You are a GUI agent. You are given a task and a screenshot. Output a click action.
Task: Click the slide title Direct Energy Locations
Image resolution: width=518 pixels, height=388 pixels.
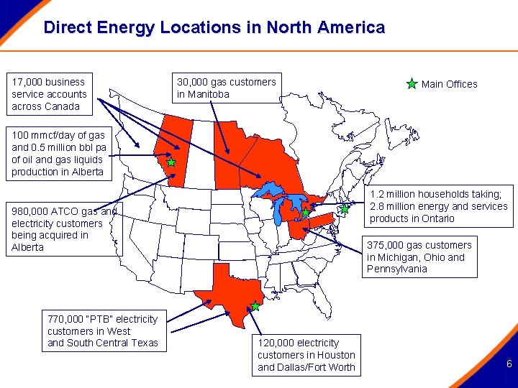pos(214,28)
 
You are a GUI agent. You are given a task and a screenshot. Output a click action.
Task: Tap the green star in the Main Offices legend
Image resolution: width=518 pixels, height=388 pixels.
pos(412,84)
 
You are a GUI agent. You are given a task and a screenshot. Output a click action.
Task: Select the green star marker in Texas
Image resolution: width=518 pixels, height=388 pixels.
pos(255,306)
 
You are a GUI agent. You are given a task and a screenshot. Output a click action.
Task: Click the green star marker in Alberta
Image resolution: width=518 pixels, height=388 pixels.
pos(171,162)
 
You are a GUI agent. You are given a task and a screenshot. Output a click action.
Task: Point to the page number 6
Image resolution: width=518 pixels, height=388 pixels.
pos(509,364)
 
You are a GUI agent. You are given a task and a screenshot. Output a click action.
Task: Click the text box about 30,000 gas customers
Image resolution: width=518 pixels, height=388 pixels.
pos(227,88)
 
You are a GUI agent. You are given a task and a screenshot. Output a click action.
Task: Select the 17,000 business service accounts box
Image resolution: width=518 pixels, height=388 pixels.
pos(50,94)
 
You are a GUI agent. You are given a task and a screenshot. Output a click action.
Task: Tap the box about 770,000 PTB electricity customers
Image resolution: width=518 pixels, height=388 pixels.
pos(102,331)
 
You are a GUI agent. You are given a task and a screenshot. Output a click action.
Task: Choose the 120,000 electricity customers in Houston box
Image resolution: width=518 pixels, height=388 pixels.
pos(306,355)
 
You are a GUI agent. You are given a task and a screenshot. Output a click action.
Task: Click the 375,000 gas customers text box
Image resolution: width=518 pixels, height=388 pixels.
pos(419,257)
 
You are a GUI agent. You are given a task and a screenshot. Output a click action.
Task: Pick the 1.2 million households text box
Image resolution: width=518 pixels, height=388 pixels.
pos(439,206)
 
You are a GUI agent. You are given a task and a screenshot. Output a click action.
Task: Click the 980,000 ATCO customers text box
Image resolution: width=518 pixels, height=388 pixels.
pos(60,229)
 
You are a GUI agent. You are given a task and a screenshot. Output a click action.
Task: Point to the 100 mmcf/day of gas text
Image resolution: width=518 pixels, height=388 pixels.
pos(58,153)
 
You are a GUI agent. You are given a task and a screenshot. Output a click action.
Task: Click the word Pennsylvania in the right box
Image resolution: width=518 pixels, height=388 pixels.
pos(397,269)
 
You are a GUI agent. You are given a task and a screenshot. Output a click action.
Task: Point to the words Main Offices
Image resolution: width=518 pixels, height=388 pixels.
pos(449,84)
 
